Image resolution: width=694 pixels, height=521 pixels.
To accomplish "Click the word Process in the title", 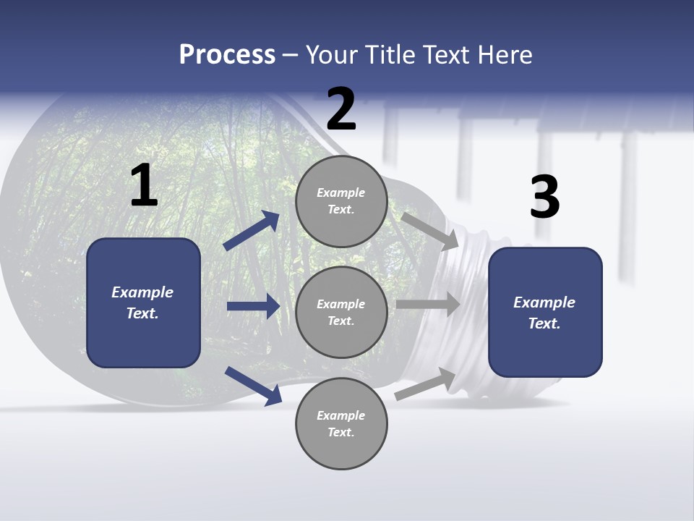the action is click(x=227, y=55).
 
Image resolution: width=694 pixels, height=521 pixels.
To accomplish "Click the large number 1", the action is click(x=145, y=185).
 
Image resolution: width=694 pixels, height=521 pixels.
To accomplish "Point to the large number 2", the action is click(x=341, y=109).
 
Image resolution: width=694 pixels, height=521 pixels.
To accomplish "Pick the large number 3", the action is click(x=545, y=196).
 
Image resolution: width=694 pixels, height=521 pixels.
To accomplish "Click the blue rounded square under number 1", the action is click(x=143, y=303).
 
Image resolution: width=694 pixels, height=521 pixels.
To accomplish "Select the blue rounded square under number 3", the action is click(x=545, y=313).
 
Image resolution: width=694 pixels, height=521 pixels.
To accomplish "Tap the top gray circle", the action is click(x=342, y=201).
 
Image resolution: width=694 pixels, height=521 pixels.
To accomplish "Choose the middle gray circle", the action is click(x=342, y=313).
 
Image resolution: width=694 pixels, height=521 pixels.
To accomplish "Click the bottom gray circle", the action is click(x=342, y=423).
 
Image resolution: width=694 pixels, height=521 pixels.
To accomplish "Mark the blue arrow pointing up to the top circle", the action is click(x=252, y=230).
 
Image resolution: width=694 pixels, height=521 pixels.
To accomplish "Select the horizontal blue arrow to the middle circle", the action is click(x=254, y=306).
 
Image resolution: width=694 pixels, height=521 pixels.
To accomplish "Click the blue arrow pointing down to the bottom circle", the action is click(x=254, y=386).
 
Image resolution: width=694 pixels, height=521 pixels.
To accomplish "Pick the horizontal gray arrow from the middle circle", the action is click(x=428, y=304).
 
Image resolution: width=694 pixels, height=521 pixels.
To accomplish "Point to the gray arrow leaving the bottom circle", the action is click(x=425, y=384).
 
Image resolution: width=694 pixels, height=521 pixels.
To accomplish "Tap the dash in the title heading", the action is click(x=291, y=56).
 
